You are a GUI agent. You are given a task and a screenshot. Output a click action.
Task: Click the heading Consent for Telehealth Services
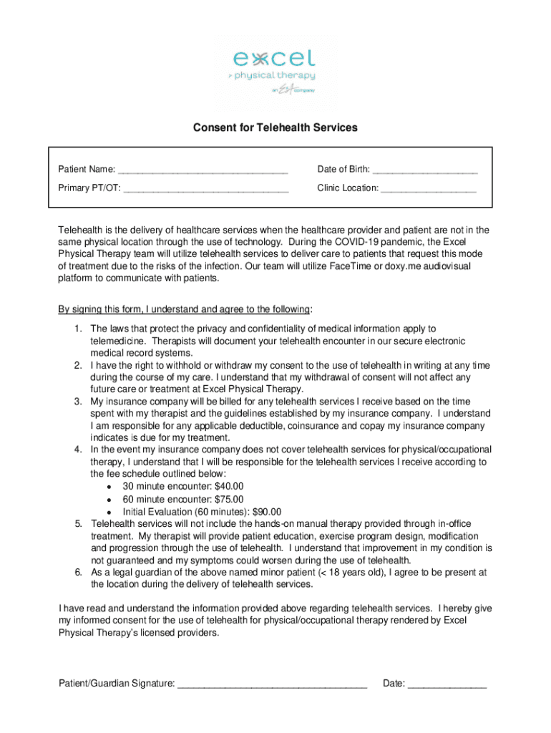(x=275, y=128)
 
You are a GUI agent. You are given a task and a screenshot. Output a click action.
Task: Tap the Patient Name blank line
(x=203, y=170)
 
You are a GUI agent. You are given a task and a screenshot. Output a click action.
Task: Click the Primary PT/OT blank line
(x=206, y=189)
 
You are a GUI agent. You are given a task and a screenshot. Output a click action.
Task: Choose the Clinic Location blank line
(x=429, y=189)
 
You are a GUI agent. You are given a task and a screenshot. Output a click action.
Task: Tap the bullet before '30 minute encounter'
(x=107, y=487)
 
